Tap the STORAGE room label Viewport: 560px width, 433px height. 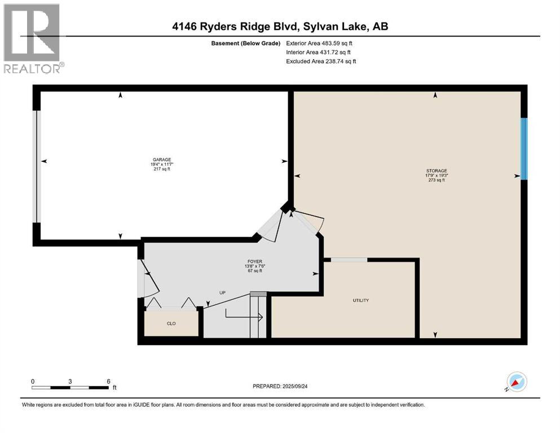coord(436,170)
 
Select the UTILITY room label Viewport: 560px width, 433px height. coord(361,300)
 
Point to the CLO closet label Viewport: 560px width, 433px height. coord(171,324)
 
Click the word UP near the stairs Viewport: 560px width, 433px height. coord(223,293)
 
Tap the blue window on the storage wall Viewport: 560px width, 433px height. coord(523,149)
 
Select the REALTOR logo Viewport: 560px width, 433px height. coord(32,38)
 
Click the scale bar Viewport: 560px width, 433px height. coord(70,387)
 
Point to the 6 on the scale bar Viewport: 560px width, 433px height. coord(108,381)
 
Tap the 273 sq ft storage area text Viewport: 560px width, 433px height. coord(436,180)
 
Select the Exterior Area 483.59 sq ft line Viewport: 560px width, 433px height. coord(320,43)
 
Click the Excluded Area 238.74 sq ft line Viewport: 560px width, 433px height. coord(321,61)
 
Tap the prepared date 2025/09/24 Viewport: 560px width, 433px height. coord(286,386)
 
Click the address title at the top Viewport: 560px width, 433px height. coord(280,26)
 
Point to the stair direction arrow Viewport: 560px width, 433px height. coord(244,317)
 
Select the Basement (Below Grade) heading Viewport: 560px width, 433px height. coord(249,43)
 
